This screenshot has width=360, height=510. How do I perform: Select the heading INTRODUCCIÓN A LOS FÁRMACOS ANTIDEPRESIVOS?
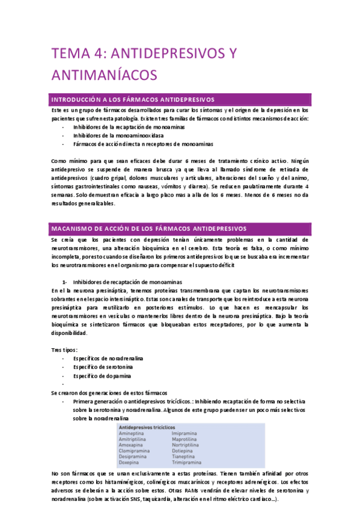click(134, 99)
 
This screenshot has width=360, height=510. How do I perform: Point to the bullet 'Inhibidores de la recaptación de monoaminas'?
click(129, 127)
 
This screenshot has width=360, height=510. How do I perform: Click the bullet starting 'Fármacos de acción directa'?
click(143, 144)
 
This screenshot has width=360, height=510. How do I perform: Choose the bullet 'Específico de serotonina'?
click(103, 367)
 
